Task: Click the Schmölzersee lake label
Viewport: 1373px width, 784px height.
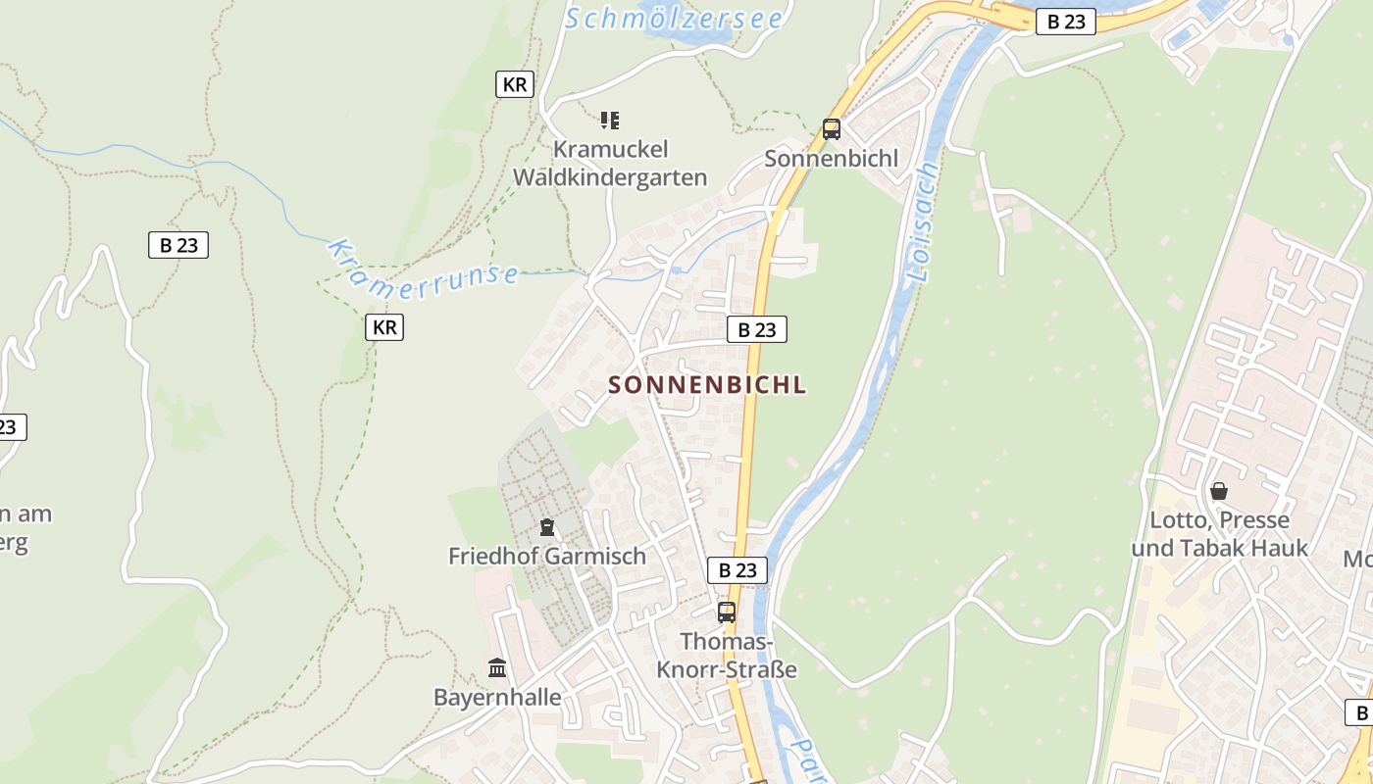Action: coord(674,18)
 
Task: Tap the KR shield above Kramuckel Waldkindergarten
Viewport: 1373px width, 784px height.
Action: coord(515,84)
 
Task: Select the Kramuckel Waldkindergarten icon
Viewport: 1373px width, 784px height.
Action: coord(610,121)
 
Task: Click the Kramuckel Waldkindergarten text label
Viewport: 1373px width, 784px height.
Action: coord(610,164)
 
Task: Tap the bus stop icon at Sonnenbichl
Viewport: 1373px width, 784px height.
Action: coord(832,128)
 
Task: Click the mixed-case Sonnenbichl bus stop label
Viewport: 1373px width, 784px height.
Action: coord(832,159)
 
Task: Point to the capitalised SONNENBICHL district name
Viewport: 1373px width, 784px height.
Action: coord(707,385)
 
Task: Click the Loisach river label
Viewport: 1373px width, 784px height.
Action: coord(923,222)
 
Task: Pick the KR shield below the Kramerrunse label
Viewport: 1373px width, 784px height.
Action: coord(384,327)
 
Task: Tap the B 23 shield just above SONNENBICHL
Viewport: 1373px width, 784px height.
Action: coord(757,330)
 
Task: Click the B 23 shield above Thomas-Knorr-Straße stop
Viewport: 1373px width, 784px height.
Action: coord(737,570)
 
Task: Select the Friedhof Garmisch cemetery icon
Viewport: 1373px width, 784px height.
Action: coord(547,527)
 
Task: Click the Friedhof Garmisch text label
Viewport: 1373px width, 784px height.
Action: coord(547,557)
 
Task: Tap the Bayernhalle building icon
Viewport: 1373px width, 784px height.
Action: coord(497,668)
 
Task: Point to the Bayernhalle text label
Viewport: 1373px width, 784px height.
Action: coord(497,698)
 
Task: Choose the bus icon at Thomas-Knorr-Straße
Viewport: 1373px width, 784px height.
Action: coord(727,612)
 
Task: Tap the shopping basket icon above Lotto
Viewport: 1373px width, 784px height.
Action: coord(1219,491)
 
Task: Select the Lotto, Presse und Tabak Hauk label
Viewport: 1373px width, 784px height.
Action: coord(1220,534)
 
